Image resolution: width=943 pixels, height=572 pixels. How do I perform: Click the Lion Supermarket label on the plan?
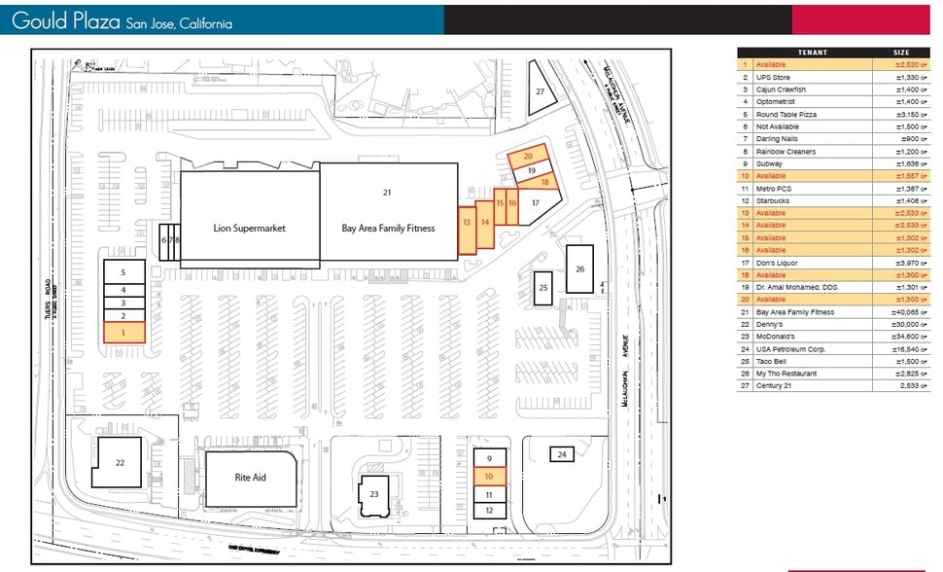[x=251, y=229]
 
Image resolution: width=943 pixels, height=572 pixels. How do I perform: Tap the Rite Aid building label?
[x=250, y=478]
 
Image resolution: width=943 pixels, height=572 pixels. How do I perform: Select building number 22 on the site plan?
[x=121, y=462]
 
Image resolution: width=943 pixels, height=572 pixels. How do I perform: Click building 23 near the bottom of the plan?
[x=373, y=493]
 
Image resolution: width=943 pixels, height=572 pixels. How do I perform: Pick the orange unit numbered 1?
[x=123, y=333]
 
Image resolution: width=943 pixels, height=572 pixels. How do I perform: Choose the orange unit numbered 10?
[x=489, y=477]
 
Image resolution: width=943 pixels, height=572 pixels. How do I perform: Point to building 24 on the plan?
[x=562, y=454]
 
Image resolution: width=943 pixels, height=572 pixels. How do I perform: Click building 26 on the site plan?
[x=580, y=268]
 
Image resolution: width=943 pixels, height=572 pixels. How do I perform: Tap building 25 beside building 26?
[x=543, y=288]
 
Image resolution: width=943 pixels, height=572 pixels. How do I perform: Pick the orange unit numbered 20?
[x=528, y=156]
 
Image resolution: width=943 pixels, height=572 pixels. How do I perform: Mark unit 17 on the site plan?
[x=535, y=203]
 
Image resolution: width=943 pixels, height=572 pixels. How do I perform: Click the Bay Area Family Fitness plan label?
[x=388, y=229]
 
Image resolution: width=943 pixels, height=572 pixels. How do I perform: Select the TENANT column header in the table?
[x=812, y=52]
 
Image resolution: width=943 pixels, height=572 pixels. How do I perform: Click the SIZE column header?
[x=901, y=52]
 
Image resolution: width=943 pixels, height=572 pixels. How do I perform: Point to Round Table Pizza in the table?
[x=786, y=115]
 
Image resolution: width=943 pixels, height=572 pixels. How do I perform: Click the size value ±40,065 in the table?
[x=903, y=312]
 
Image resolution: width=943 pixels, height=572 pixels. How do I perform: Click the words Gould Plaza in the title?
[x=66, y=20]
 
